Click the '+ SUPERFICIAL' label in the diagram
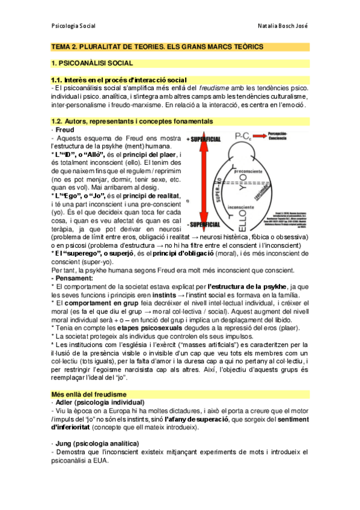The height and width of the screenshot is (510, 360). tap(206, 138)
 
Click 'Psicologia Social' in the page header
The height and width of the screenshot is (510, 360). tap(74, 26)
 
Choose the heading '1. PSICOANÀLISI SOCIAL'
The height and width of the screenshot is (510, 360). tap(91, 63)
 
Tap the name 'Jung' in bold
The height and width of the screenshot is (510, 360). tap(64, 443)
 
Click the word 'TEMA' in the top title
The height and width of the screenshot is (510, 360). tap(62, 46)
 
